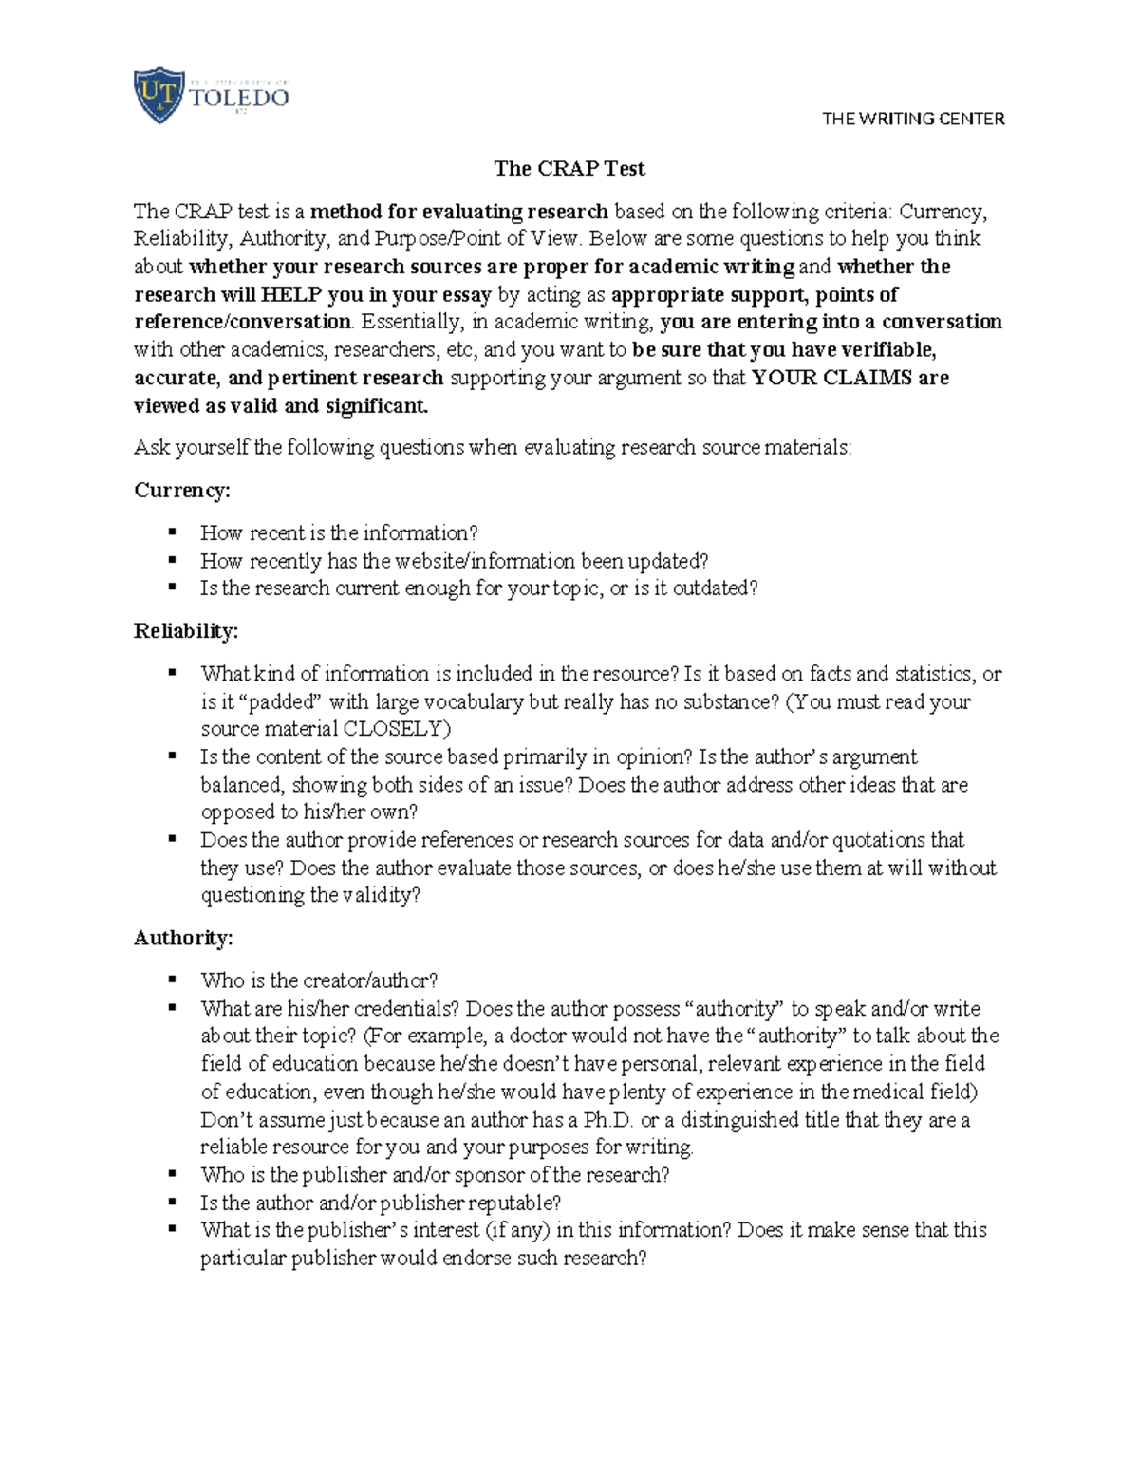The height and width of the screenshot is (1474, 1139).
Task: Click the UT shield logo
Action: [158, 95]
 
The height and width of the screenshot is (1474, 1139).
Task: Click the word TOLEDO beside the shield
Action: [239, 98]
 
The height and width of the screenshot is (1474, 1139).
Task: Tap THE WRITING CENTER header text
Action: [912, 119]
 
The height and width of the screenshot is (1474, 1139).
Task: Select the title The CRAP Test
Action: [569, 169]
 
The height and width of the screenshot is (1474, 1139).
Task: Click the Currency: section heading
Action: [182, 491]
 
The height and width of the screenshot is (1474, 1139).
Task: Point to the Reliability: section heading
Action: [186, 631]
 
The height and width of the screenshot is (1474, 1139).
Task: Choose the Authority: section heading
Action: [183, 938]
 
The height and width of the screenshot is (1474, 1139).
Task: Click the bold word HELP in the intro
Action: [290, 294]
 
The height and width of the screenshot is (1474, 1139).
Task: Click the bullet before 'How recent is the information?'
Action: [172, 532]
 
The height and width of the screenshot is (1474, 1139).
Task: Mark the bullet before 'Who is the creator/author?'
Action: [172, 980]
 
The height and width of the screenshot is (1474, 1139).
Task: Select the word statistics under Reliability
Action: [929, 674]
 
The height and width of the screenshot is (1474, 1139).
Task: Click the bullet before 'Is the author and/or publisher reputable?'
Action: [172, 1202]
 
